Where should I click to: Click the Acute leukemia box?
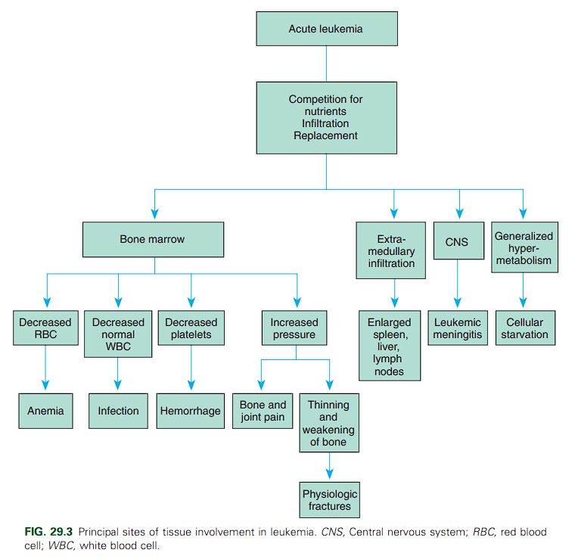tap(326, 29)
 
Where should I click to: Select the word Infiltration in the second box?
tap(326, 123)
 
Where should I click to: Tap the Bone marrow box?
tap(152, 240)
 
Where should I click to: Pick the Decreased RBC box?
tap(45, 328)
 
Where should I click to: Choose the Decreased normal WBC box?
tap(118, 334)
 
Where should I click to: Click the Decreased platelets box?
tap(191, 328)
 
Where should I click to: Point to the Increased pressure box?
tap(294, 328)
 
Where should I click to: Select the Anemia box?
tap(45, 411)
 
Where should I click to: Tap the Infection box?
tap(118, 411)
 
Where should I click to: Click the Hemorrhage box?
tap(191, 411)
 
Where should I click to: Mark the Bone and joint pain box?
tap(262, 411)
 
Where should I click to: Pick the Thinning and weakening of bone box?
tap(328, 423)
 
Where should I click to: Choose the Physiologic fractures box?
tap(330, 500)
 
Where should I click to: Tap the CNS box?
tap(457, 242)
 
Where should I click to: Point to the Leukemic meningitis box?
tap(457, 328)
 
